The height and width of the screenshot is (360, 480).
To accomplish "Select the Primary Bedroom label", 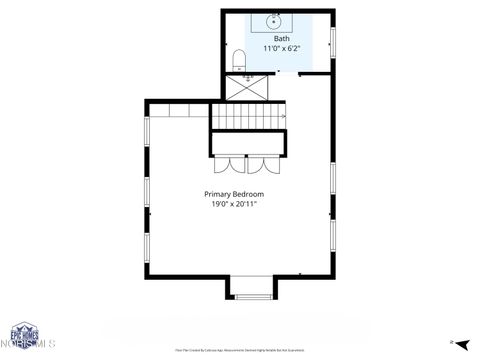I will coord(234,194).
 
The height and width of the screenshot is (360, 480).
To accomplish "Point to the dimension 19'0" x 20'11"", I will coord(234,204).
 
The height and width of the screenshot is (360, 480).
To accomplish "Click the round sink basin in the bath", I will coord(274,20).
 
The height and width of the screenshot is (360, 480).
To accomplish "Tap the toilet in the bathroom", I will coord(238,61).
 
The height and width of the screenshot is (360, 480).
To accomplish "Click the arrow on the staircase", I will coord(282,117).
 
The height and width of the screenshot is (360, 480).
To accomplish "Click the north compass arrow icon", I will coord(452,342).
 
